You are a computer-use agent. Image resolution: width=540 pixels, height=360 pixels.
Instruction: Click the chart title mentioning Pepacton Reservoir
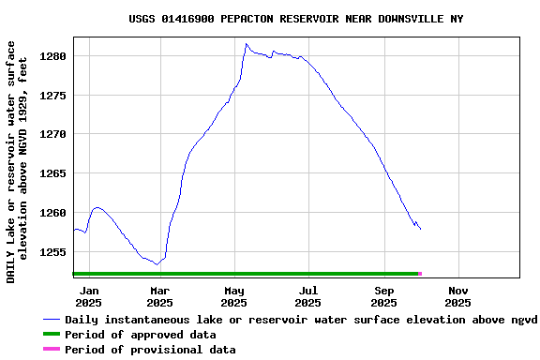point(295,19)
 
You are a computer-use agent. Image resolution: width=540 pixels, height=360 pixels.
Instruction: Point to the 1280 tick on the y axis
point(53,56)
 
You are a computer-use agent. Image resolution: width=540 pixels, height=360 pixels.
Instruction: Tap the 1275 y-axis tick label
point(53,96)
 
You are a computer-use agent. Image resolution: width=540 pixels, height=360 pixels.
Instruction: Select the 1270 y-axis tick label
point(53,134)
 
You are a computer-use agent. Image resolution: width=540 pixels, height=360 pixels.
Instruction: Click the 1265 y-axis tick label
point(53,173)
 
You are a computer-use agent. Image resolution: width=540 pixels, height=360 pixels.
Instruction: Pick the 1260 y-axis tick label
point(53,213)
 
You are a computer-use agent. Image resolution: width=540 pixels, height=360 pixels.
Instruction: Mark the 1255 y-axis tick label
point(53,252)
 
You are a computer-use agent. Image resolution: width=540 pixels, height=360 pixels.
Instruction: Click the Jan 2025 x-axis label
point(88,297)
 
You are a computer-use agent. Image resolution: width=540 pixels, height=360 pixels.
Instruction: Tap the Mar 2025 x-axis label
point(159,297)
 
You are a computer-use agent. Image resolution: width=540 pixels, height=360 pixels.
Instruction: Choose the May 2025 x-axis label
point(233,297)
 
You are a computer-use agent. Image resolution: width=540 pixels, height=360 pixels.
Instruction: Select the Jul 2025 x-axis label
point(307,297)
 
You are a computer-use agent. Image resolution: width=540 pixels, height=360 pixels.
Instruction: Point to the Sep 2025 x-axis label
point(383,297)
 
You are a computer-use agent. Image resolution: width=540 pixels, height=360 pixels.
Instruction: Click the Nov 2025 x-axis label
point(457,297)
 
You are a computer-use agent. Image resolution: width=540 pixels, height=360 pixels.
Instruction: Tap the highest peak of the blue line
point(247,43)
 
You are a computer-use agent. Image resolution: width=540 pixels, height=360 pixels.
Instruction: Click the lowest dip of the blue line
point(157,264)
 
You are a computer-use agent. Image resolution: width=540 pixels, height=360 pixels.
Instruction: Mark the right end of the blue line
point(420,229)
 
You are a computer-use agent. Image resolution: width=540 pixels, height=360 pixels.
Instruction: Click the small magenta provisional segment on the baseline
point(419,274)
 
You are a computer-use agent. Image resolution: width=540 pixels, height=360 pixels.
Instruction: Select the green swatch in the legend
point(51,335)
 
